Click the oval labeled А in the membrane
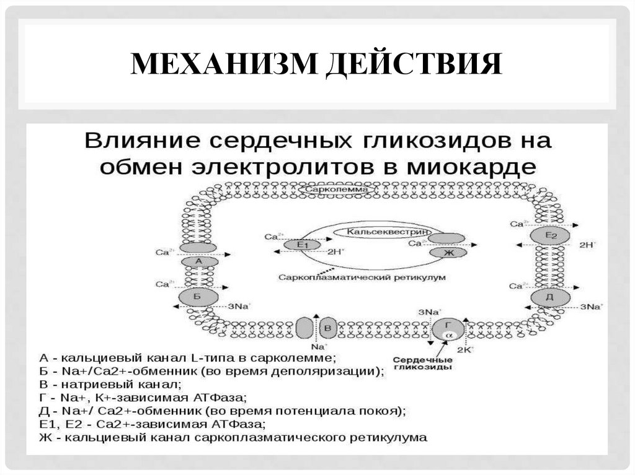pyautogui.click(x=199, y=262)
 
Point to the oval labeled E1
pyautogui.click(x=303, y=245)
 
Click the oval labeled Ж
pyautogui.click(x=446, y=252)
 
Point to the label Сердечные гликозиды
pyautogui.click(x=422, y=363)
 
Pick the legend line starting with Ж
pyautogui.click(x=233, y=437)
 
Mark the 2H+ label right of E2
pyautogui.click(x=587, y=245)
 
